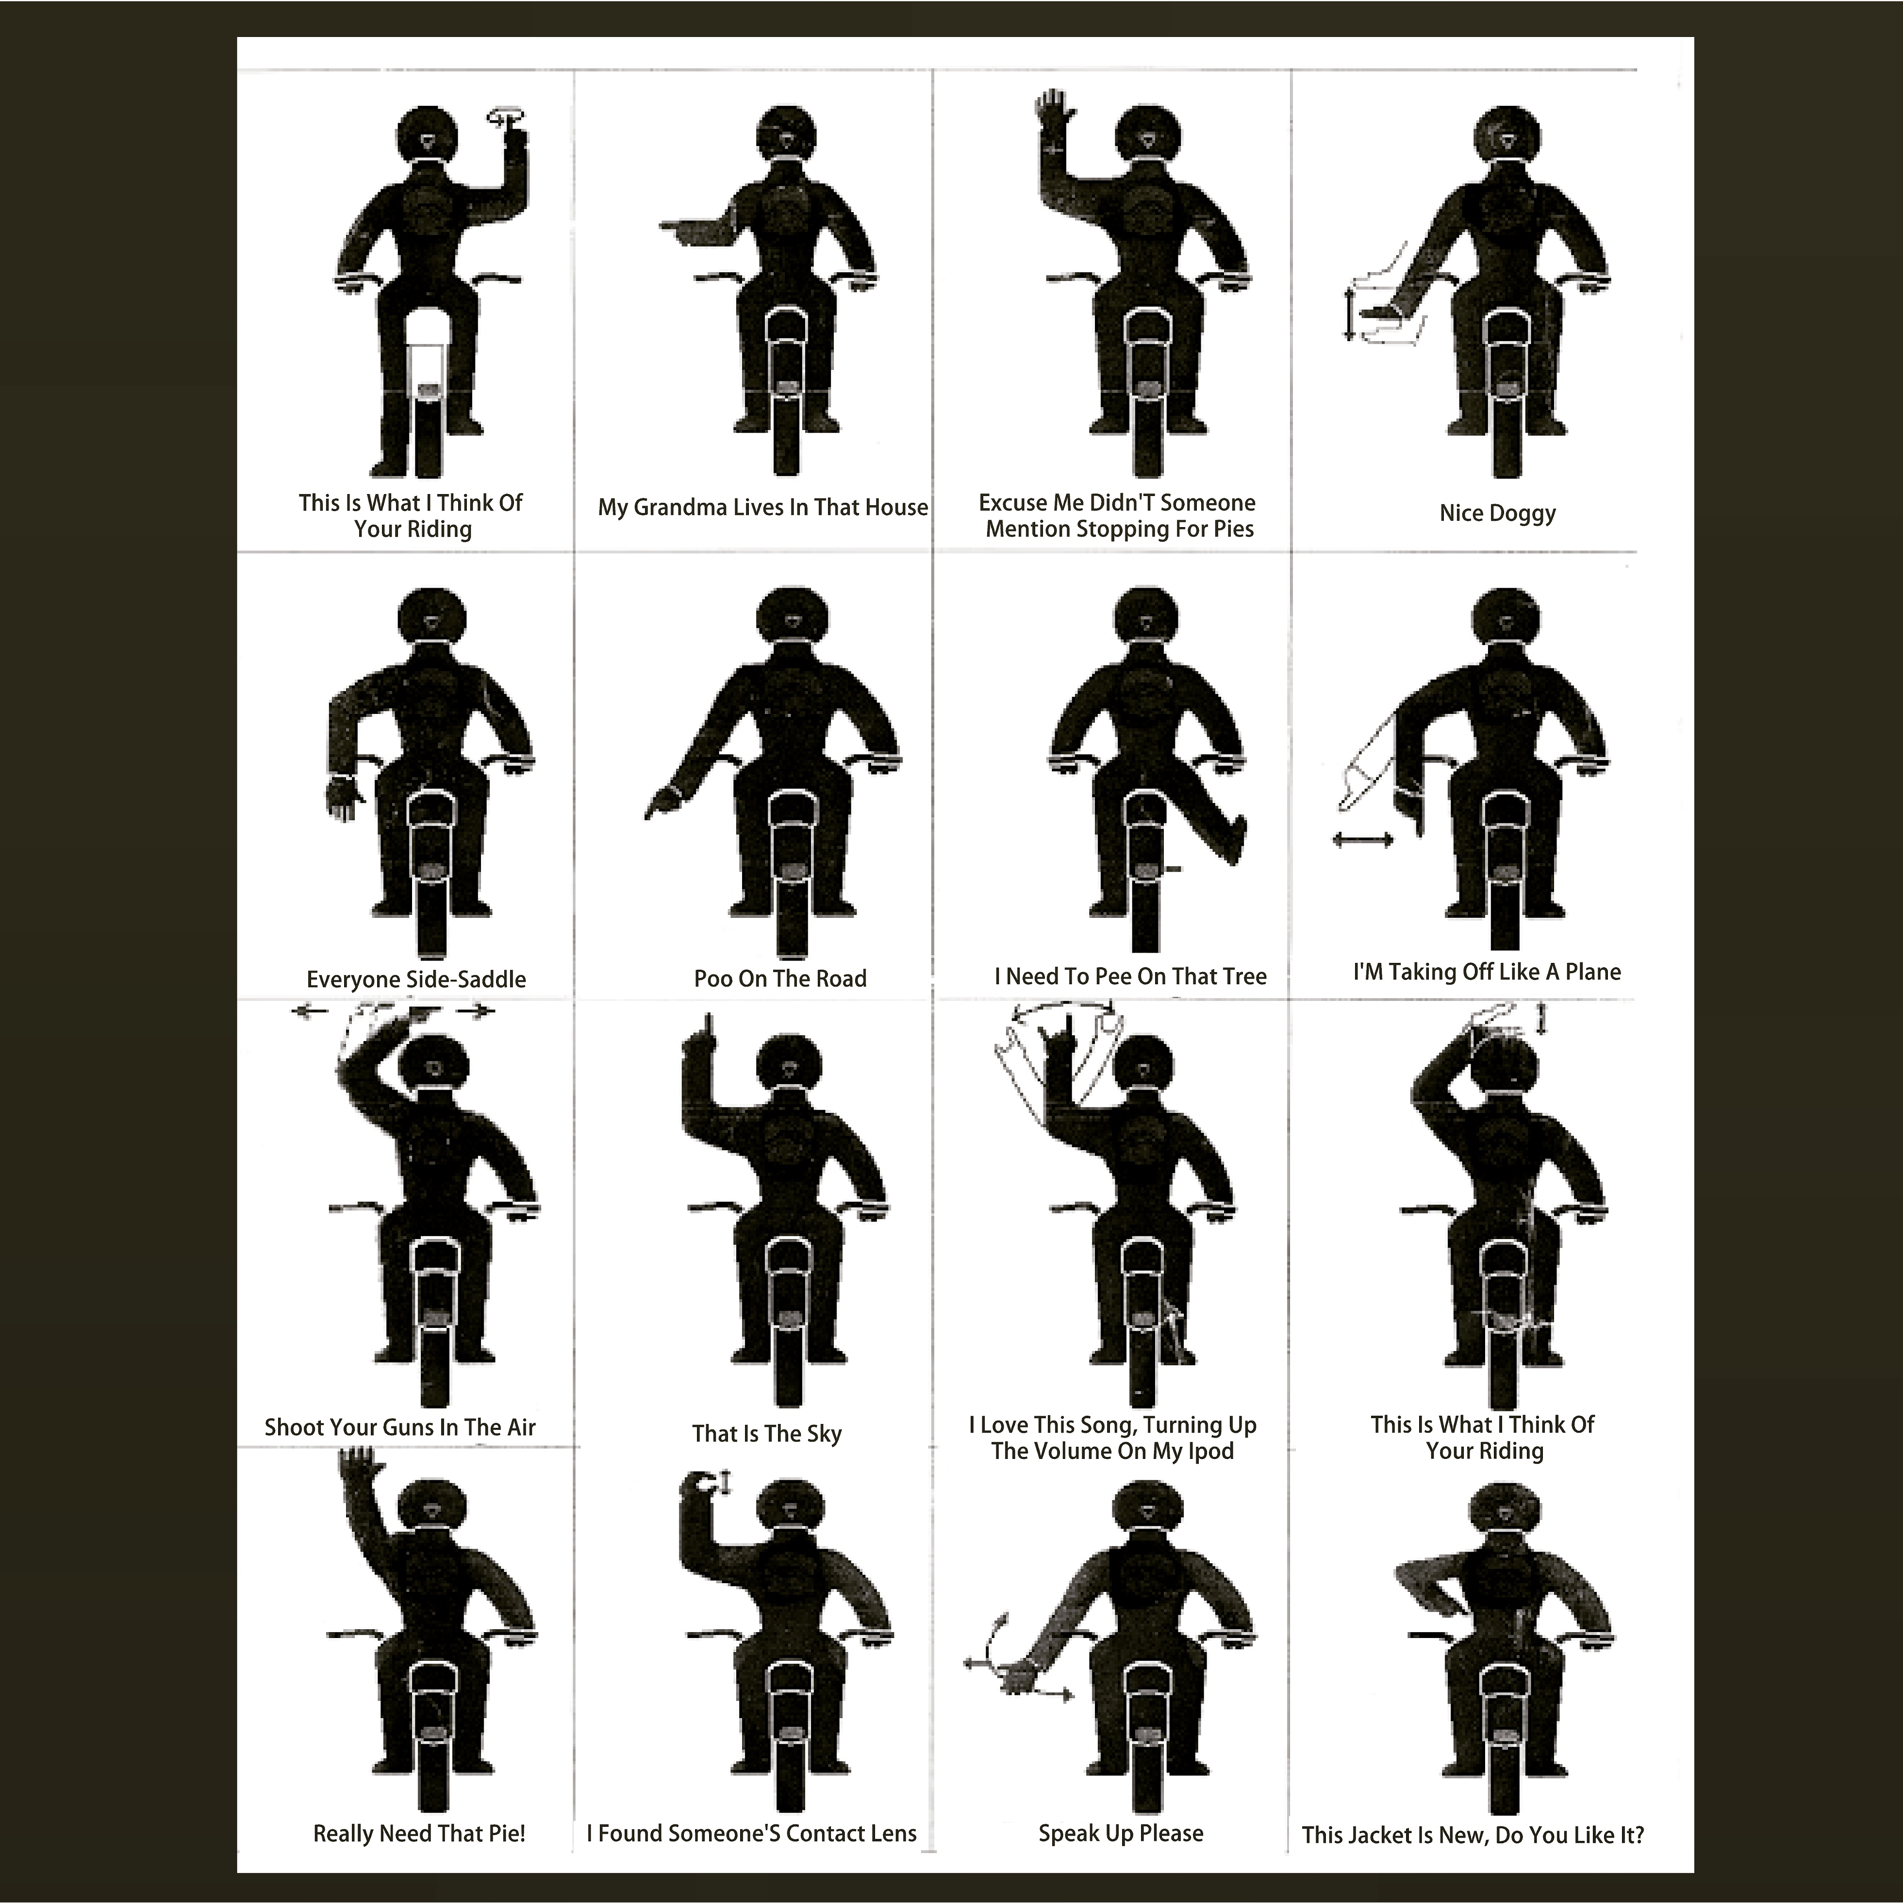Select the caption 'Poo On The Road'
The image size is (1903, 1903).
(780, 979)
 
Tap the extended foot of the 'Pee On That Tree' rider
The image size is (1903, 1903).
(1235, 837)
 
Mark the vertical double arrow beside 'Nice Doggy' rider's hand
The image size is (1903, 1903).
(1349, 315)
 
